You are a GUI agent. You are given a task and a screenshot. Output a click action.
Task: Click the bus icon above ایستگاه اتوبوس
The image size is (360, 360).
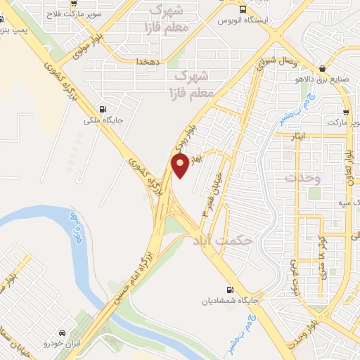[243, 10]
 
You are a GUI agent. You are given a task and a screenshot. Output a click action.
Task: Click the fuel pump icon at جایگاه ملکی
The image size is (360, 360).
[104, 109]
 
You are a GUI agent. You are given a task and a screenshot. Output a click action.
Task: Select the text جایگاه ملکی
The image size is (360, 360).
[103, 120]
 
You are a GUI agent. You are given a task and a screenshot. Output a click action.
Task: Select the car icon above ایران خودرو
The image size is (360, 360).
[63, 331]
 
